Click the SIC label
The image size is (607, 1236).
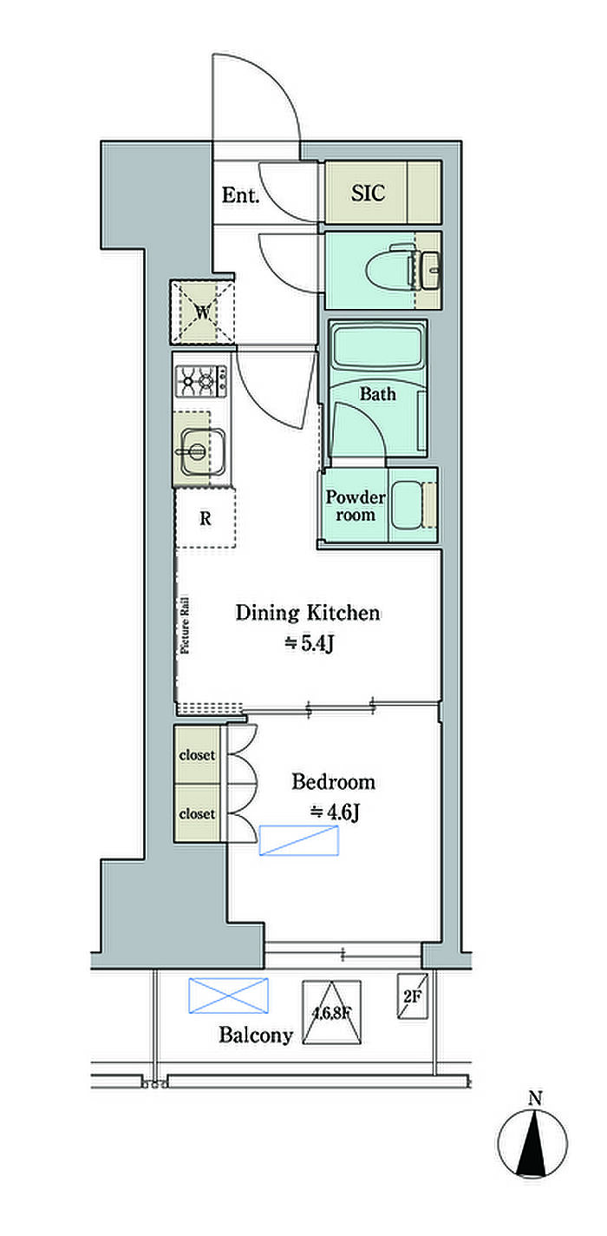[368, 193]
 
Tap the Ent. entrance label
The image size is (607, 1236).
[240, 194]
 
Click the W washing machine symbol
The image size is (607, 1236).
[202, 312]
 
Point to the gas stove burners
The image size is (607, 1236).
[200, 381]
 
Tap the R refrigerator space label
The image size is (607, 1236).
[206, 519]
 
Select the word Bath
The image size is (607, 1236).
[378, 394]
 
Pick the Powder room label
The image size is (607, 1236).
[355, 505]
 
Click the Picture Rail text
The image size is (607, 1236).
[185, 625]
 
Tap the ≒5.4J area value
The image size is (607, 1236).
[310, 643]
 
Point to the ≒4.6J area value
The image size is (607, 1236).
[336, 812]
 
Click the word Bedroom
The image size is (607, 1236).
[334, 782]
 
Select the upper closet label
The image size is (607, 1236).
[197, 755]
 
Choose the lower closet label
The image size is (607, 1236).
[197, 813]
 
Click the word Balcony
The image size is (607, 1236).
[256, 1035]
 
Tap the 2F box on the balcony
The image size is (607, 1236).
[413, 996]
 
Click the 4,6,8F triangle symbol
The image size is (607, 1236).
[332, 1013]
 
